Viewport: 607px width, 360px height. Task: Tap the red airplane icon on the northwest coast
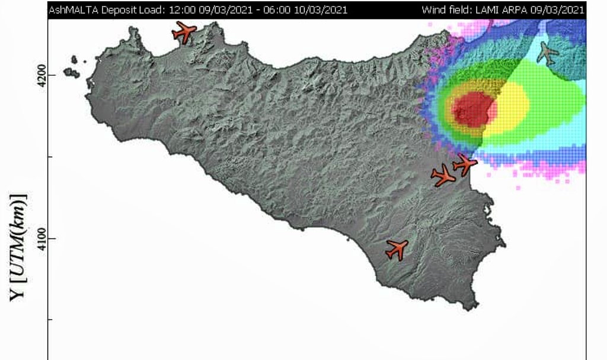[x=184, y=31]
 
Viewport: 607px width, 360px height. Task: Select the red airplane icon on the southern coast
[x=397, y=249]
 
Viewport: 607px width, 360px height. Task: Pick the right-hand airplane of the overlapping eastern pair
[x=465, y=163]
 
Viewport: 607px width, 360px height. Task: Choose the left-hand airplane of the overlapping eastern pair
[x=443, y=176]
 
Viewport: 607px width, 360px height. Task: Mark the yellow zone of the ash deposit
[x=510, y=107]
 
